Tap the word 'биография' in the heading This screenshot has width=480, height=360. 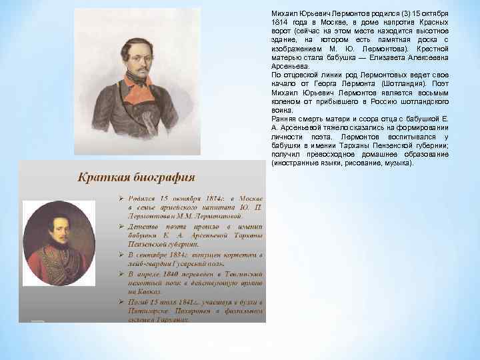pos(161,177)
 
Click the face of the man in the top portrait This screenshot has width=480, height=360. pos(141,57)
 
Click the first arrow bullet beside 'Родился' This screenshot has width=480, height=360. pos(114,199)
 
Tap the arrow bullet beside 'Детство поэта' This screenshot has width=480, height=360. pos(114,227)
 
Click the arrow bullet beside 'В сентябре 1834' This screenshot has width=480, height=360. pos(114,255)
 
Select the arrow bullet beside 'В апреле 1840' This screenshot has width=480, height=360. pos(114,273)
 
